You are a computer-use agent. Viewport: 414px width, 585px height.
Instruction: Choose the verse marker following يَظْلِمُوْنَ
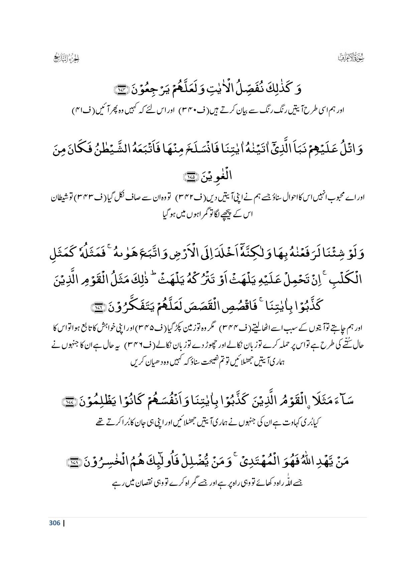click(x=70, y=403)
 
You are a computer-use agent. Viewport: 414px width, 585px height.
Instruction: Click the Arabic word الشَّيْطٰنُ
click(x=127, y=149)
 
